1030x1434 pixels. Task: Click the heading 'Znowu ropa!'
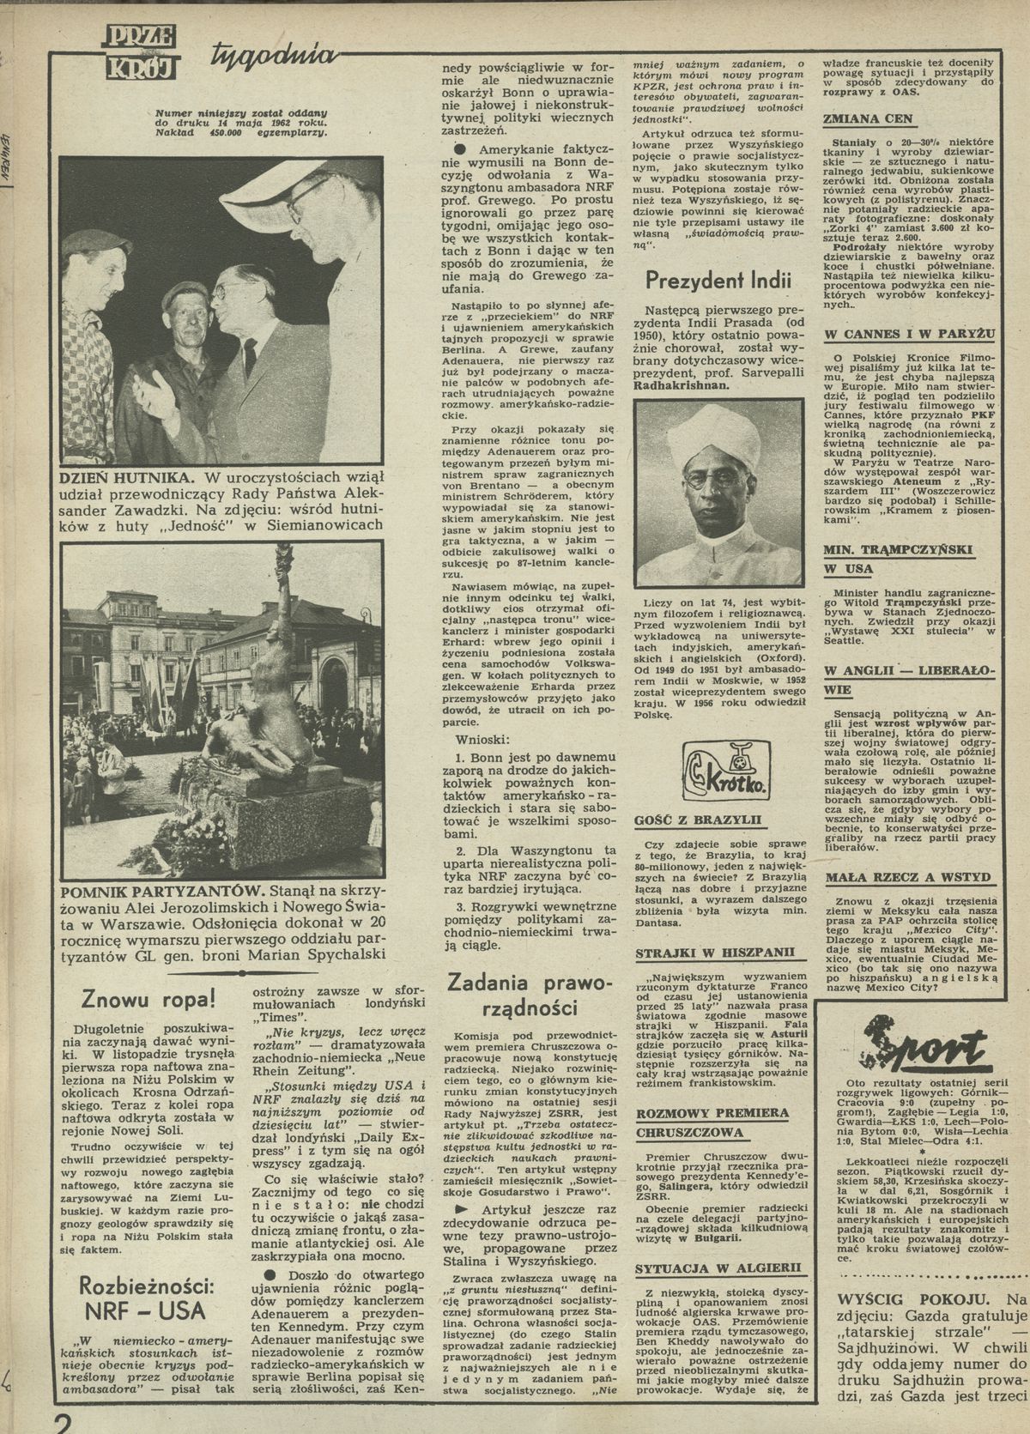tap(148, 998)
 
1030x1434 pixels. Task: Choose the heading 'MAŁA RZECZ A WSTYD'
tap(907, 877)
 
